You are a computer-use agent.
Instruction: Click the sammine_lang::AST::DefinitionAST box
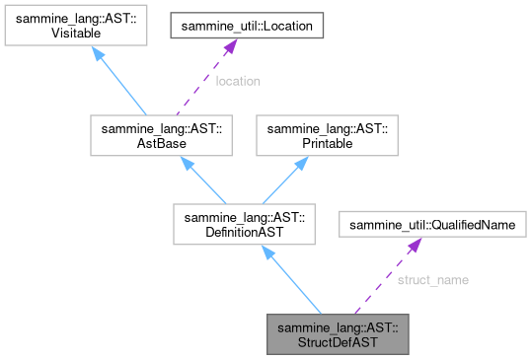coord(243,225)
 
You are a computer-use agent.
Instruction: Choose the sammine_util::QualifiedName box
coord(431,226)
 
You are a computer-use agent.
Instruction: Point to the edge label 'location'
coord(237,81)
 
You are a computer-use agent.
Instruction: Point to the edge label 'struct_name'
coord(432,280)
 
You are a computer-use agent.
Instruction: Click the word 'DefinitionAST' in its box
coord(243,233)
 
